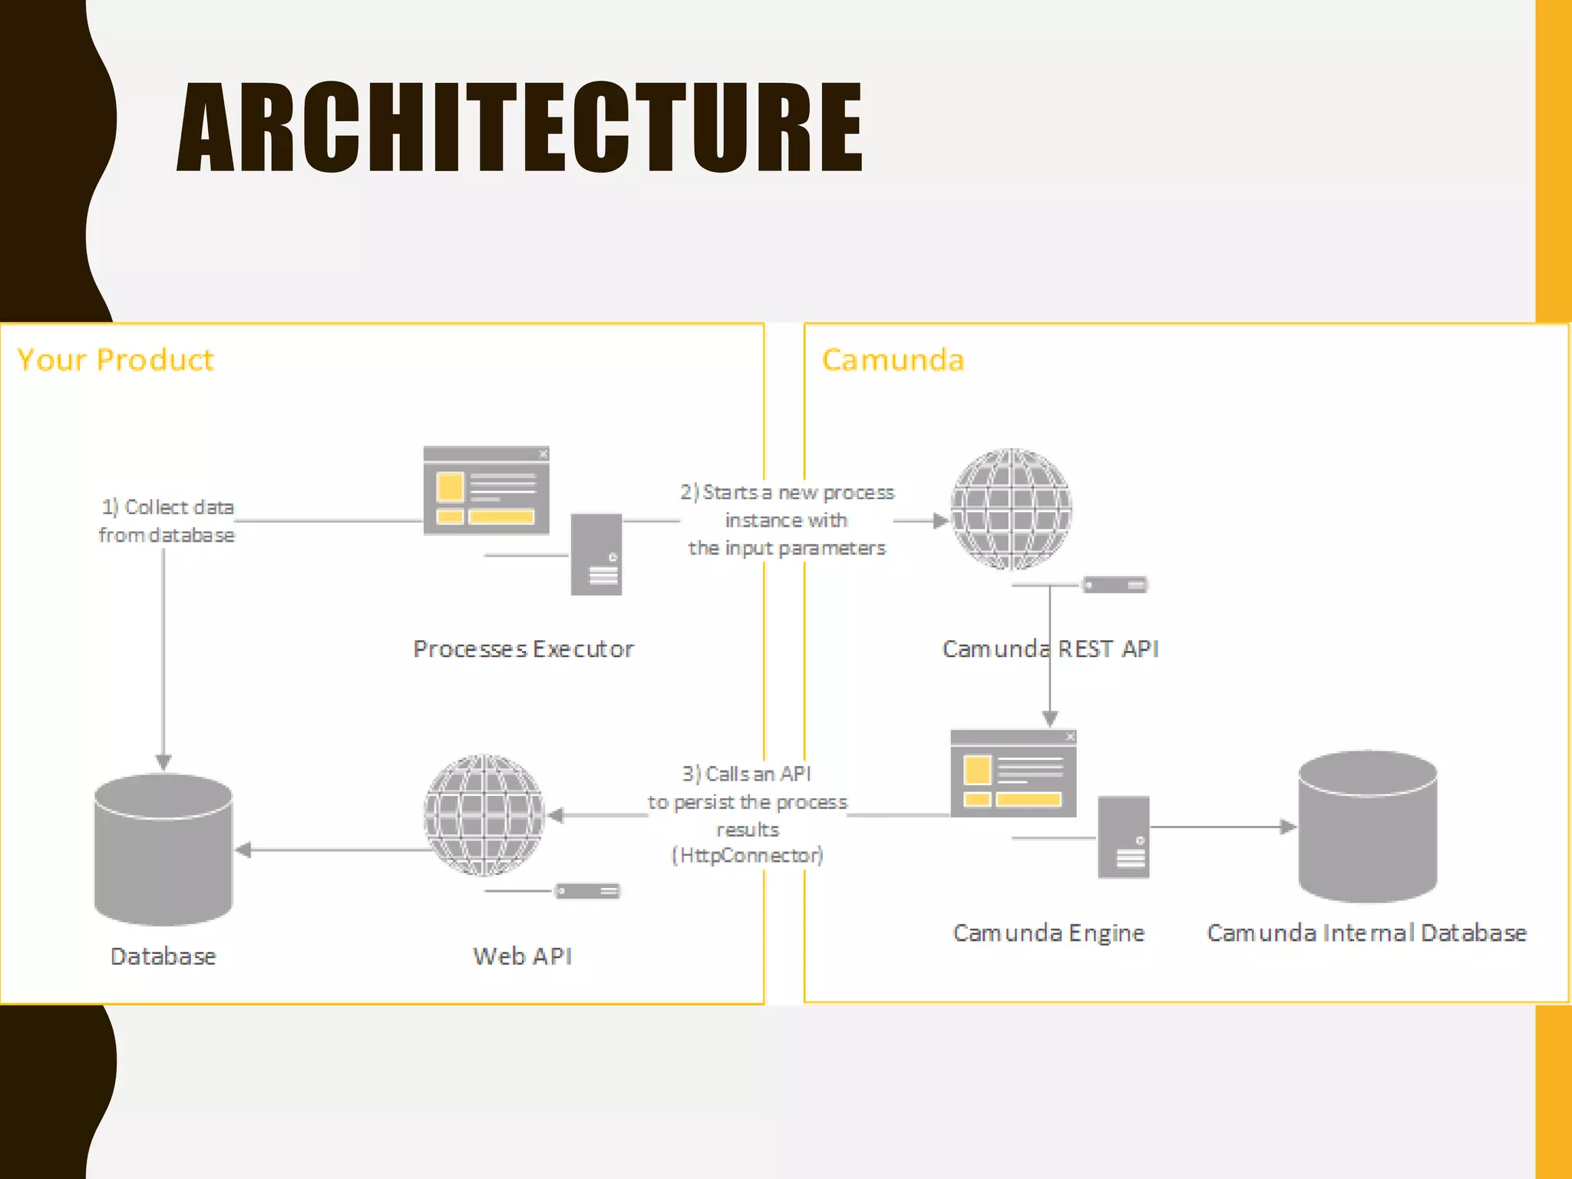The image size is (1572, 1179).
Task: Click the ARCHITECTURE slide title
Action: (520, 127)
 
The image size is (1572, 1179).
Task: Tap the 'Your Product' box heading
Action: (115, 360)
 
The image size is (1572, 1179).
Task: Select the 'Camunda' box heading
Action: (893, 360)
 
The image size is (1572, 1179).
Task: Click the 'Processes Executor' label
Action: (523, 649)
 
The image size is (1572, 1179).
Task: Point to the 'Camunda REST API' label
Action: (1050, 649)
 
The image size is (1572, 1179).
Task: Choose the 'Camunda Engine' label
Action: (1049, 933)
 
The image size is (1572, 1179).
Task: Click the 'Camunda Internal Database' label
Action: (1366, 933)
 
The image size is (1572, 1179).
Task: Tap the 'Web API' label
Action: (523, 956)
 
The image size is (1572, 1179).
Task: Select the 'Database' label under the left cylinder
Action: (163, 956)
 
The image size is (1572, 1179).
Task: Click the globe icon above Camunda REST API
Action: (1011, 509)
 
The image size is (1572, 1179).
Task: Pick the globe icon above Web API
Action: (484, 814)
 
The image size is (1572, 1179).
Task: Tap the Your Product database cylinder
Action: (163, 849)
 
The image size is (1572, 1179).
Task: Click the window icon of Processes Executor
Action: (486, 490)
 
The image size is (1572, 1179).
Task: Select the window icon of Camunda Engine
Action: (1013, 774)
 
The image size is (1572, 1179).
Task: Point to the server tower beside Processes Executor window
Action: (596, 555)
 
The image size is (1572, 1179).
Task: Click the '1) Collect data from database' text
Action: (167, 521)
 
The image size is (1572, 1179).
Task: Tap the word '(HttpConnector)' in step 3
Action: (748, 855)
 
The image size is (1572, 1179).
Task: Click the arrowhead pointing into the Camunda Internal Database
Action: (1289, 827)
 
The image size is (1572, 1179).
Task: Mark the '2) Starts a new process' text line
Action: (788, 492)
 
